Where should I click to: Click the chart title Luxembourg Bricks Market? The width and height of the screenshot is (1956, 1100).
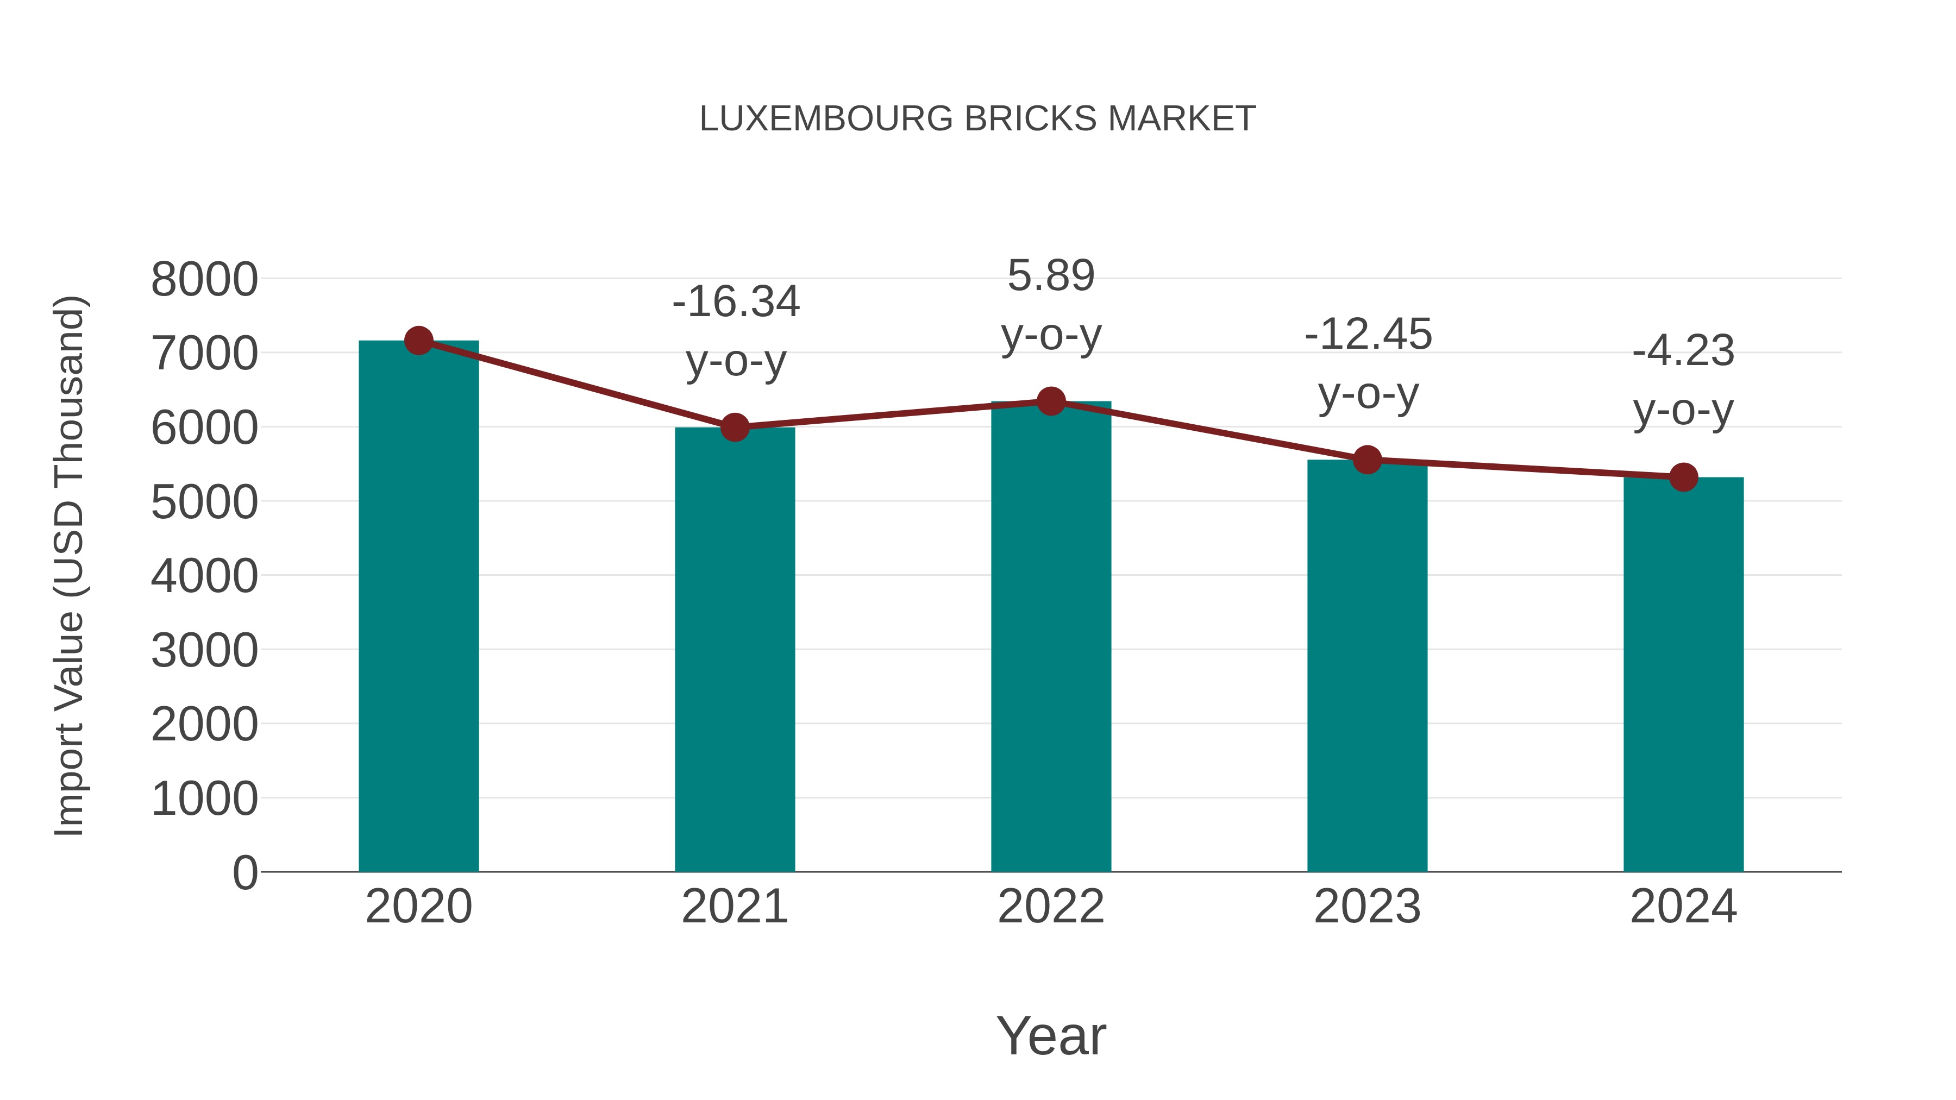click(x=977, y=119)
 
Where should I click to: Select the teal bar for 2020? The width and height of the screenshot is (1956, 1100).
click(x=418, y=607)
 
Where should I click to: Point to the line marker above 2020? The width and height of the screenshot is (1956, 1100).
click(x=418, y=341)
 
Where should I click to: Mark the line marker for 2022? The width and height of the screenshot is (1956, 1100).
click(x=1051, y=401)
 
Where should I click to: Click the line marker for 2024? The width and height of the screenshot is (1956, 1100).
click(x=1683, y=477)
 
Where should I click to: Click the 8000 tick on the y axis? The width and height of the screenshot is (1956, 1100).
click(x=204, y=279)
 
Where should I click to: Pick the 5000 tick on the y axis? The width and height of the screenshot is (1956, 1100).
click(x=204, y=502)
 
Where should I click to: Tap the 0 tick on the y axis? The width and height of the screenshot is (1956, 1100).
click(x=244, y=872)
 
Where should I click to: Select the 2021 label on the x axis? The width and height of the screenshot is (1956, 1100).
click(x=734, y=907)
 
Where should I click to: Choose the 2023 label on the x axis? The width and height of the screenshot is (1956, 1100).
click(x=1367, y=907)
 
